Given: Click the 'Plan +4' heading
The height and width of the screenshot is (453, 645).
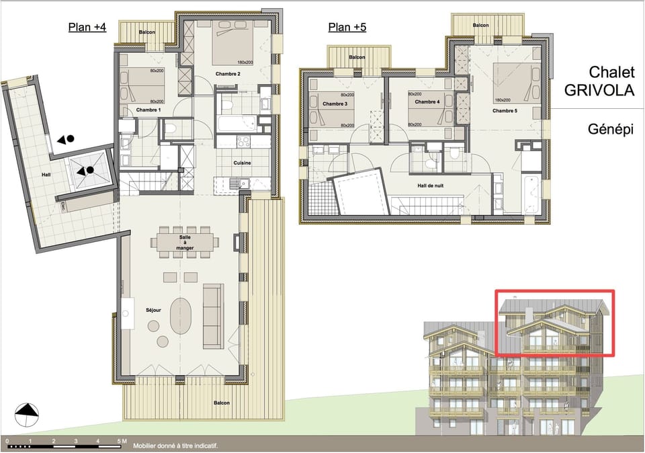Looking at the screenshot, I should (87, 28).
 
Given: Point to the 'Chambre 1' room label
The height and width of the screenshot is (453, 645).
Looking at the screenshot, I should (148, 110).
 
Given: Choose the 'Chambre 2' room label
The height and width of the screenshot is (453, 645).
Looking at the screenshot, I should (228, 73).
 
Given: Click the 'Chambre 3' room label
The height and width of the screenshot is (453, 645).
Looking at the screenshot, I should (335, 104).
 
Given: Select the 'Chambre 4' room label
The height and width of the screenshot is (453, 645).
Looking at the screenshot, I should (427, 102).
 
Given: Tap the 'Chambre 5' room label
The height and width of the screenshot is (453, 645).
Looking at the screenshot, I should (505, 111).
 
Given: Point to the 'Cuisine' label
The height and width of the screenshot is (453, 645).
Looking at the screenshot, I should (242, 163).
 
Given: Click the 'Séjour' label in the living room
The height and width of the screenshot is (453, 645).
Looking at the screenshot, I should (155, 311).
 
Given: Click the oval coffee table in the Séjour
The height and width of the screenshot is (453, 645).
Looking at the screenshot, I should (181, 316).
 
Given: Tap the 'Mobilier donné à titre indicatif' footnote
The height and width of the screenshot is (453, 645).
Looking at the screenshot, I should (175, 446).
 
